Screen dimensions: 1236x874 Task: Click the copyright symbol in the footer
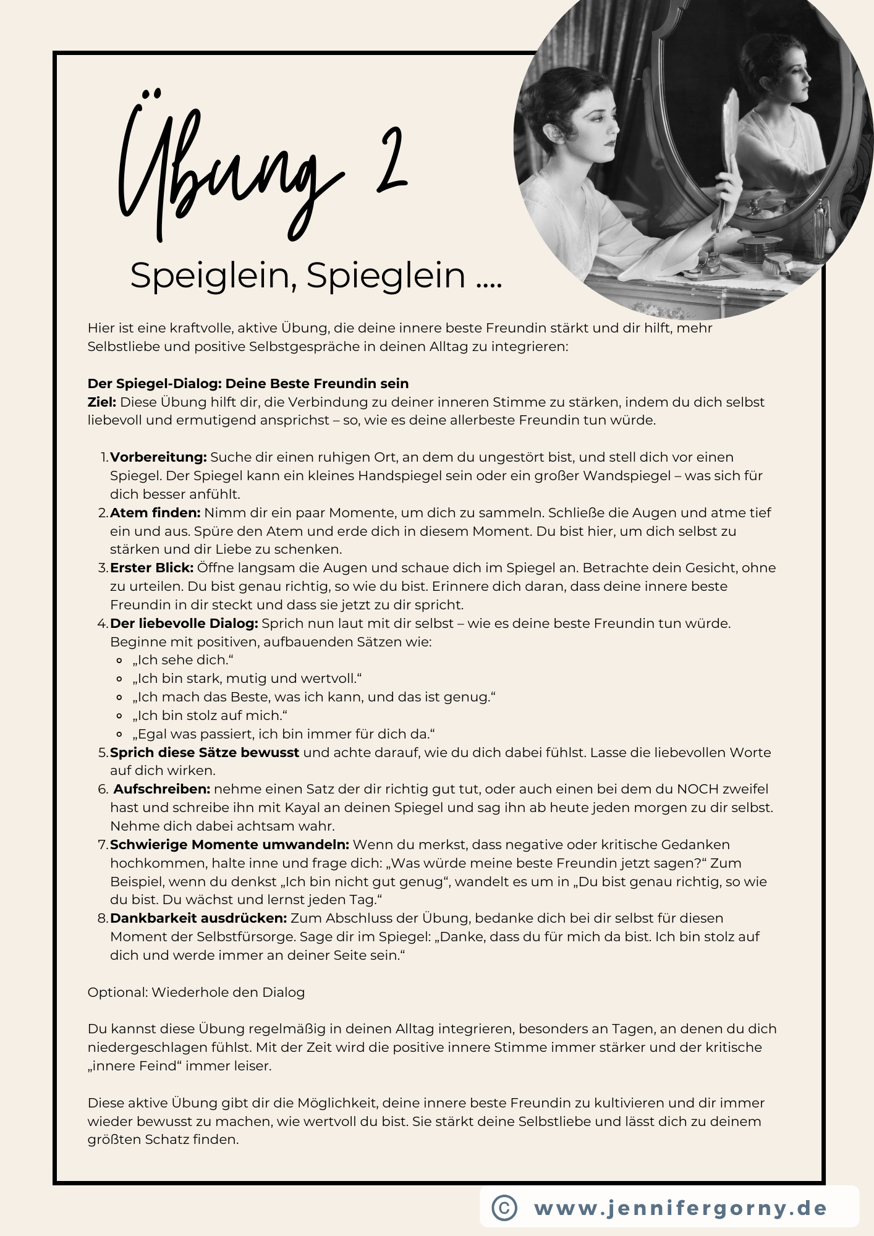tap(504, 1207)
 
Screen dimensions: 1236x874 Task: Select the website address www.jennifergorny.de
tap(680, 1208)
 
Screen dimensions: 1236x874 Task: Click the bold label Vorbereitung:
tap(158, 457)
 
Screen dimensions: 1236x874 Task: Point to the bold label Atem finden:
tap(155, 513)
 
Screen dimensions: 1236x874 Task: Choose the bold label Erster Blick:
tap(152, 568)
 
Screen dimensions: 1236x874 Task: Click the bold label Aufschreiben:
tap(162, 789)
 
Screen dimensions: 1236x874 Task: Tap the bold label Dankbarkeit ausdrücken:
tap(198, 918)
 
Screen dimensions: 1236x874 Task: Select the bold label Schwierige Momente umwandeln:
tap(229, 845)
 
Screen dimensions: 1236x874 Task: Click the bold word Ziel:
tap(102, 402)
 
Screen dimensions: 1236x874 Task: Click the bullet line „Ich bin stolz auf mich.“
tap(210, 716)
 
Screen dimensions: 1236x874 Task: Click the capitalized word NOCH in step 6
tap(695, 789)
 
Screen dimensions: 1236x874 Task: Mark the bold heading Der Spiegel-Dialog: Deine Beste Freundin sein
tap(248, 384)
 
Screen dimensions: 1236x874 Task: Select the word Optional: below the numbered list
tap(117, 993)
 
